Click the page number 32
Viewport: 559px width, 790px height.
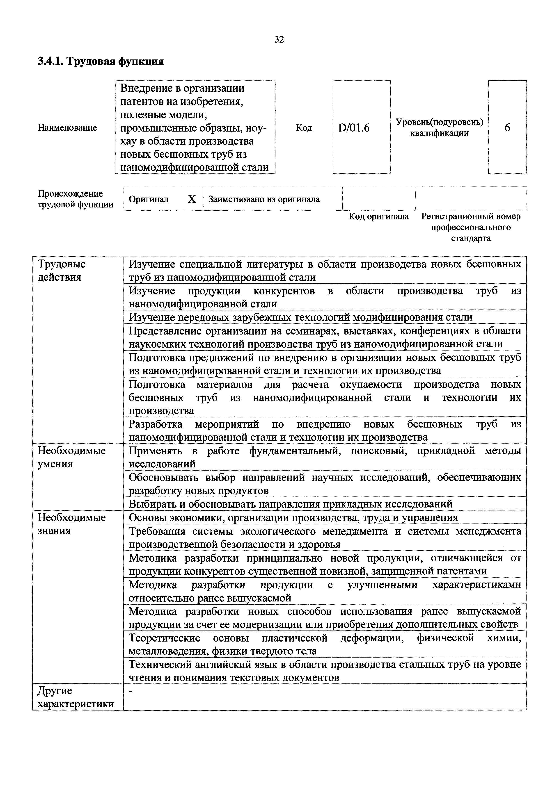pos(279,40)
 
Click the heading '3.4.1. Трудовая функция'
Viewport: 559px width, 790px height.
pos(101,61)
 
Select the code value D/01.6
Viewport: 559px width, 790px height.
pos(354,128)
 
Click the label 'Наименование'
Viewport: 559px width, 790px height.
pos(67,128)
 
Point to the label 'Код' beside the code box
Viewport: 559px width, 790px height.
pos(304,128)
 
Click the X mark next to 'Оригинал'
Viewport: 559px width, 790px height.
pos(192,199)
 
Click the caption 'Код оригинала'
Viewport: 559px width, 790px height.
pos(379,216)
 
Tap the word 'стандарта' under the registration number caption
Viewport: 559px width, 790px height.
pos(471,238)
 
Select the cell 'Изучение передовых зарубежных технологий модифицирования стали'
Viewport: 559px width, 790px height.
pos(300,317)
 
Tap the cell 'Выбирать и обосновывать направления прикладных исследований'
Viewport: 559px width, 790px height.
pos(290,504)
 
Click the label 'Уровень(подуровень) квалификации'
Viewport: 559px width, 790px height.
pos(439,128)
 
